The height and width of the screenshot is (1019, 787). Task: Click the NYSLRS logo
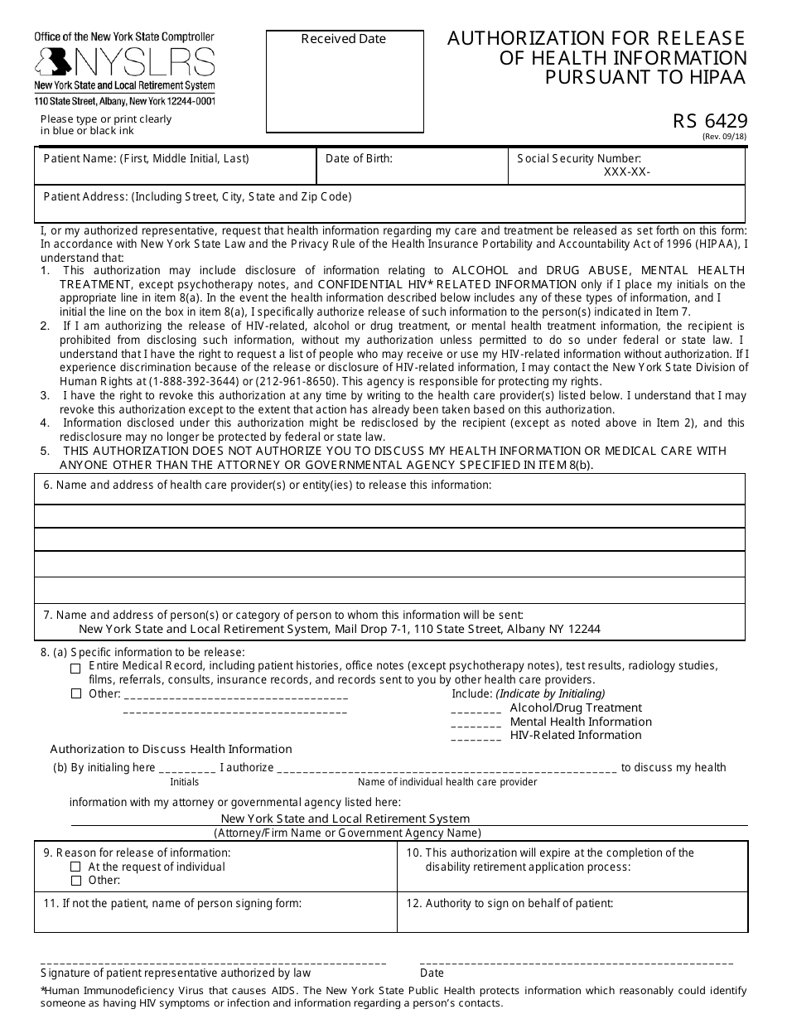point(124,62)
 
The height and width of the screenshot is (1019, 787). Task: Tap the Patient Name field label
point(146,158)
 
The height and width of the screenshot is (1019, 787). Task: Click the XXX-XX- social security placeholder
point(627,171)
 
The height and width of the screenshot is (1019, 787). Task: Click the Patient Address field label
point(197,196)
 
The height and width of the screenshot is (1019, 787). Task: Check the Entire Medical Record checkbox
point(76,668)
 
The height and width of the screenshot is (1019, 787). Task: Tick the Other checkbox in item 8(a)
point(76,694)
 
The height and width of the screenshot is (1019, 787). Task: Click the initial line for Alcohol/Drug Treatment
point(476,709)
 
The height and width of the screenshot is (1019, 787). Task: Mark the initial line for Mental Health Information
point(476,722)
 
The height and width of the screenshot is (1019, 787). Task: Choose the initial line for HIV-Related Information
point(476,736)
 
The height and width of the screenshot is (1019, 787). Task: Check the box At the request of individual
point(76,867)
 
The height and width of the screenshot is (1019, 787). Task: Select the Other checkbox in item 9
point(76,881)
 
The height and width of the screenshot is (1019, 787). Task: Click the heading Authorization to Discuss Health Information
point(171,749)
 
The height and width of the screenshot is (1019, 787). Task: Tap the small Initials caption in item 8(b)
point(185,782)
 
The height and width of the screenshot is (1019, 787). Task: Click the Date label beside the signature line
point(432,973)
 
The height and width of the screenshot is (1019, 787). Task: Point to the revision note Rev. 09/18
point(724,137)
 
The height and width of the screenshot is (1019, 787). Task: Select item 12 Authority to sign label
point(509,903)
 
